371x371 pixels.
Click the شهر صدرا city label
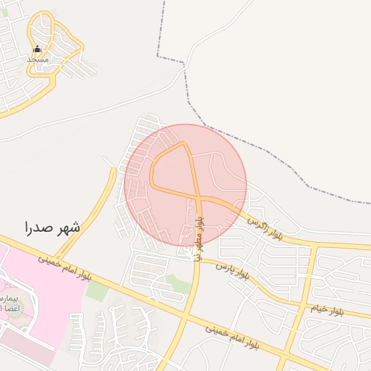point(52,226)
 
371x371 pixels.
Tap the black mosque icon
point(38,49)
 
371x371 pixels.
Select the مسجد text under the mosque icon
point(38,59)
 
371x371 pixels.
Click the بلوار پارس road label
point(234,270)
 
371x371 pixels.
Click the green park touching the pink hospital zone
point(96,291)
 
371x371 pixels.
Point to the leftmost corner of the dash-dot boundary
point(157,55)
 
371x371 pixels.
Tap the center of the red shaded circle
point(185,185)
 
